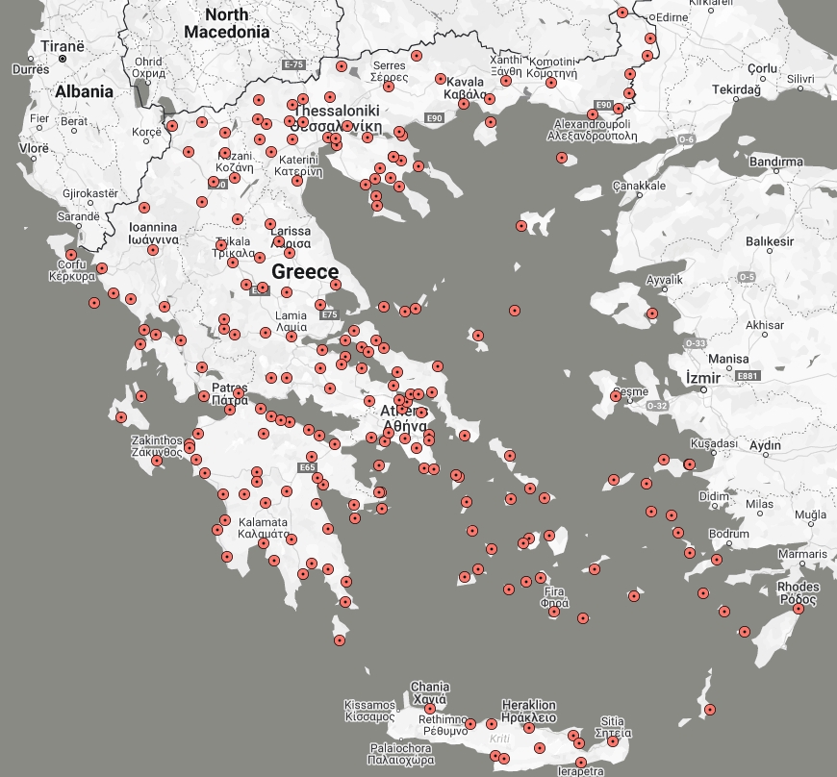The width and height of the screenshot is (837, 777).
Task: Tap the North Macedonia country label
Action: point(226,23)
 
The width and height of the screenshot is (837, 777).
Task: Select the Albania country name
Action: point(84,91)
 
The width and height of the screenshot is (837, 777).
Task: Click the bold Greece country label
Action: point(305,272)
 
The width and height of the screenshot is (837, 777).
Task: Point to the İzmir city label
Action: point(703,378)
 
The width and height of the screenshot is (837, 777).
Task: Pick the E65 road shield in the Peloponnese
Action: point(307,468)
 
